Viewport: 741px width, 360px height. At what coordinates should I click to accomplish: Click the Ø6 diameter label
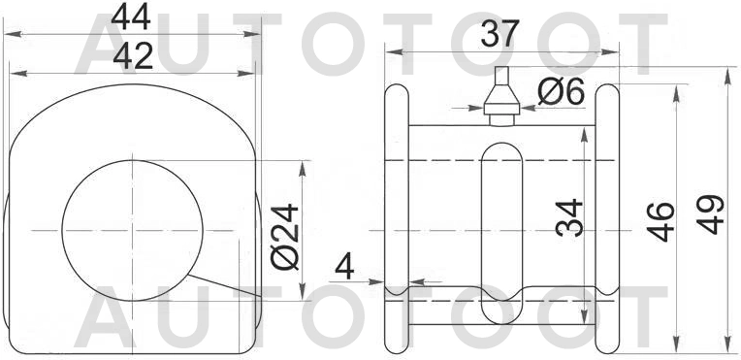point(560,92)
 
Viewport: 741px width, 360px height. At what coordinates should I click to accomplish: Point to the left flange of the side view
point(397,215)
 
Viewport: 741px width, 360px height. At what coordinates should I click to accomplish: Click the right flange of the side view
point(608,215)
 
